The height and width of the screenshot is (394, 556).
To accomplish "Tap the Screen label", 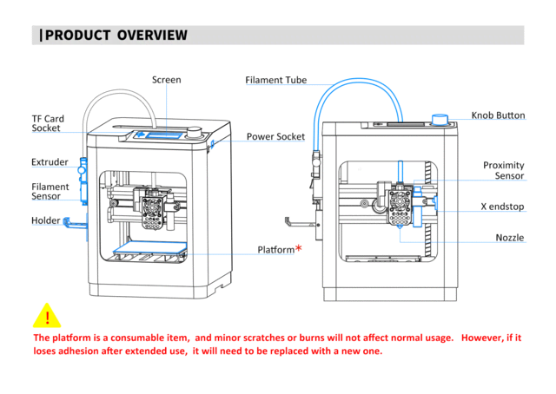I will (166, 80).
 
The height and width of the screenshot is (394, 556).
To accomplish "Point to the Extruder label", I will (50, 162).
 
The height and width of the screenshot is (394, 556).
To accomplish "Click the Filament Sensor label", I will (50, 192).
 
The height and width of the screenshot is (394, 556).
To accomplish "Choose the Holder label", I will (46, 220).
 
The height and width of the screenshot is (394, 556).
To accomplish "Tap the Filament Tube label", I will (275, 80).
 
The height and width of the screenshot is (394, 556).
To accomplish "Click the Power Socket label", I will (275, 136).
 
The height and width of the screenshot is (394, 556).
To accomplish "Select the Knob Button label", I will (498, 115).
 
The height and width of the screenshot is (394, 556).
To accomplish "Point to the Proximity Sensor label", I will (503, 170).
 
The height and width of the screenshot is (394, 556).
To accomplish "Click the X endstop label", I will (502, 207).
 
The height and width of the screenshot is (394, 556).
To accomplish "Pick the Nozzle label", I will (509, 238).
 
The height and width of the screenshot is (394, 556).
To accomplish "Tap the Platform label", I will (275, 250).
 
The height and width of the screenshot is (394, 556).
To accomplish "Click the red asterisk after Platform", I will (299, 249).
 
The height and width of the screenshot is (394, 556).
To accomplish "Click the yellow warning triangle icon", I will (47, 315).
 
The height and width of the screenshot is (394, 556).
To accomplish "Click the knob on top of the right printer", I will (440, 119).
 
